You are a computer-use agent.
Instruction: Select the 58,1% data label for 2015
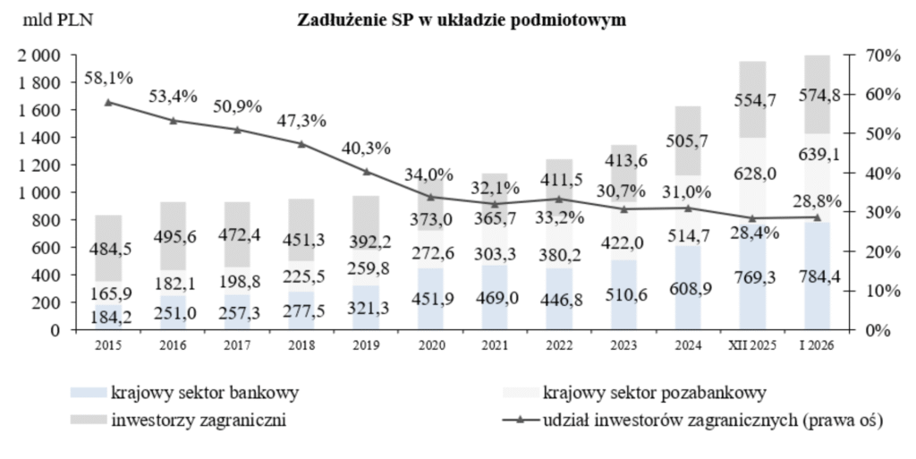coord(108,78)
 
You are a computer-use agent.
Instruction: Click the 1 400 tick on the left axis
coord(37,138)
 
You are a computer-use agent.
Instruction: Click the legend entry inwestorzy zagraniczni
coord(198,420)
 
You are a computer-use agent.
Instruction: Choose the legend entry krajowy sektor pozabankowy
coord(654,392)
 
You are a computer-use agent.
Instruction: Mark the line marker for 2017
coord(237,130)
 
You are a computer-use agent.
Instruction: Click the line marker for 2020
coord(430,197)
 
